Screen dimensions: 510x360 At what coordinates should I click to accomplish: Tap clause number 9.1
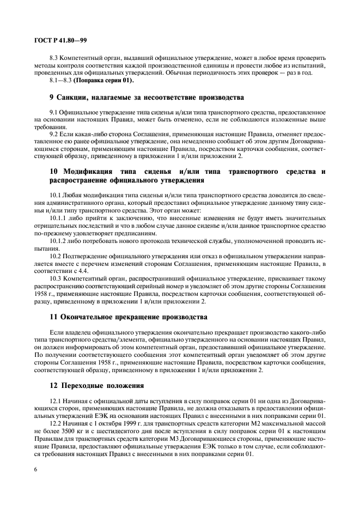click(x=54, y=111)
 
